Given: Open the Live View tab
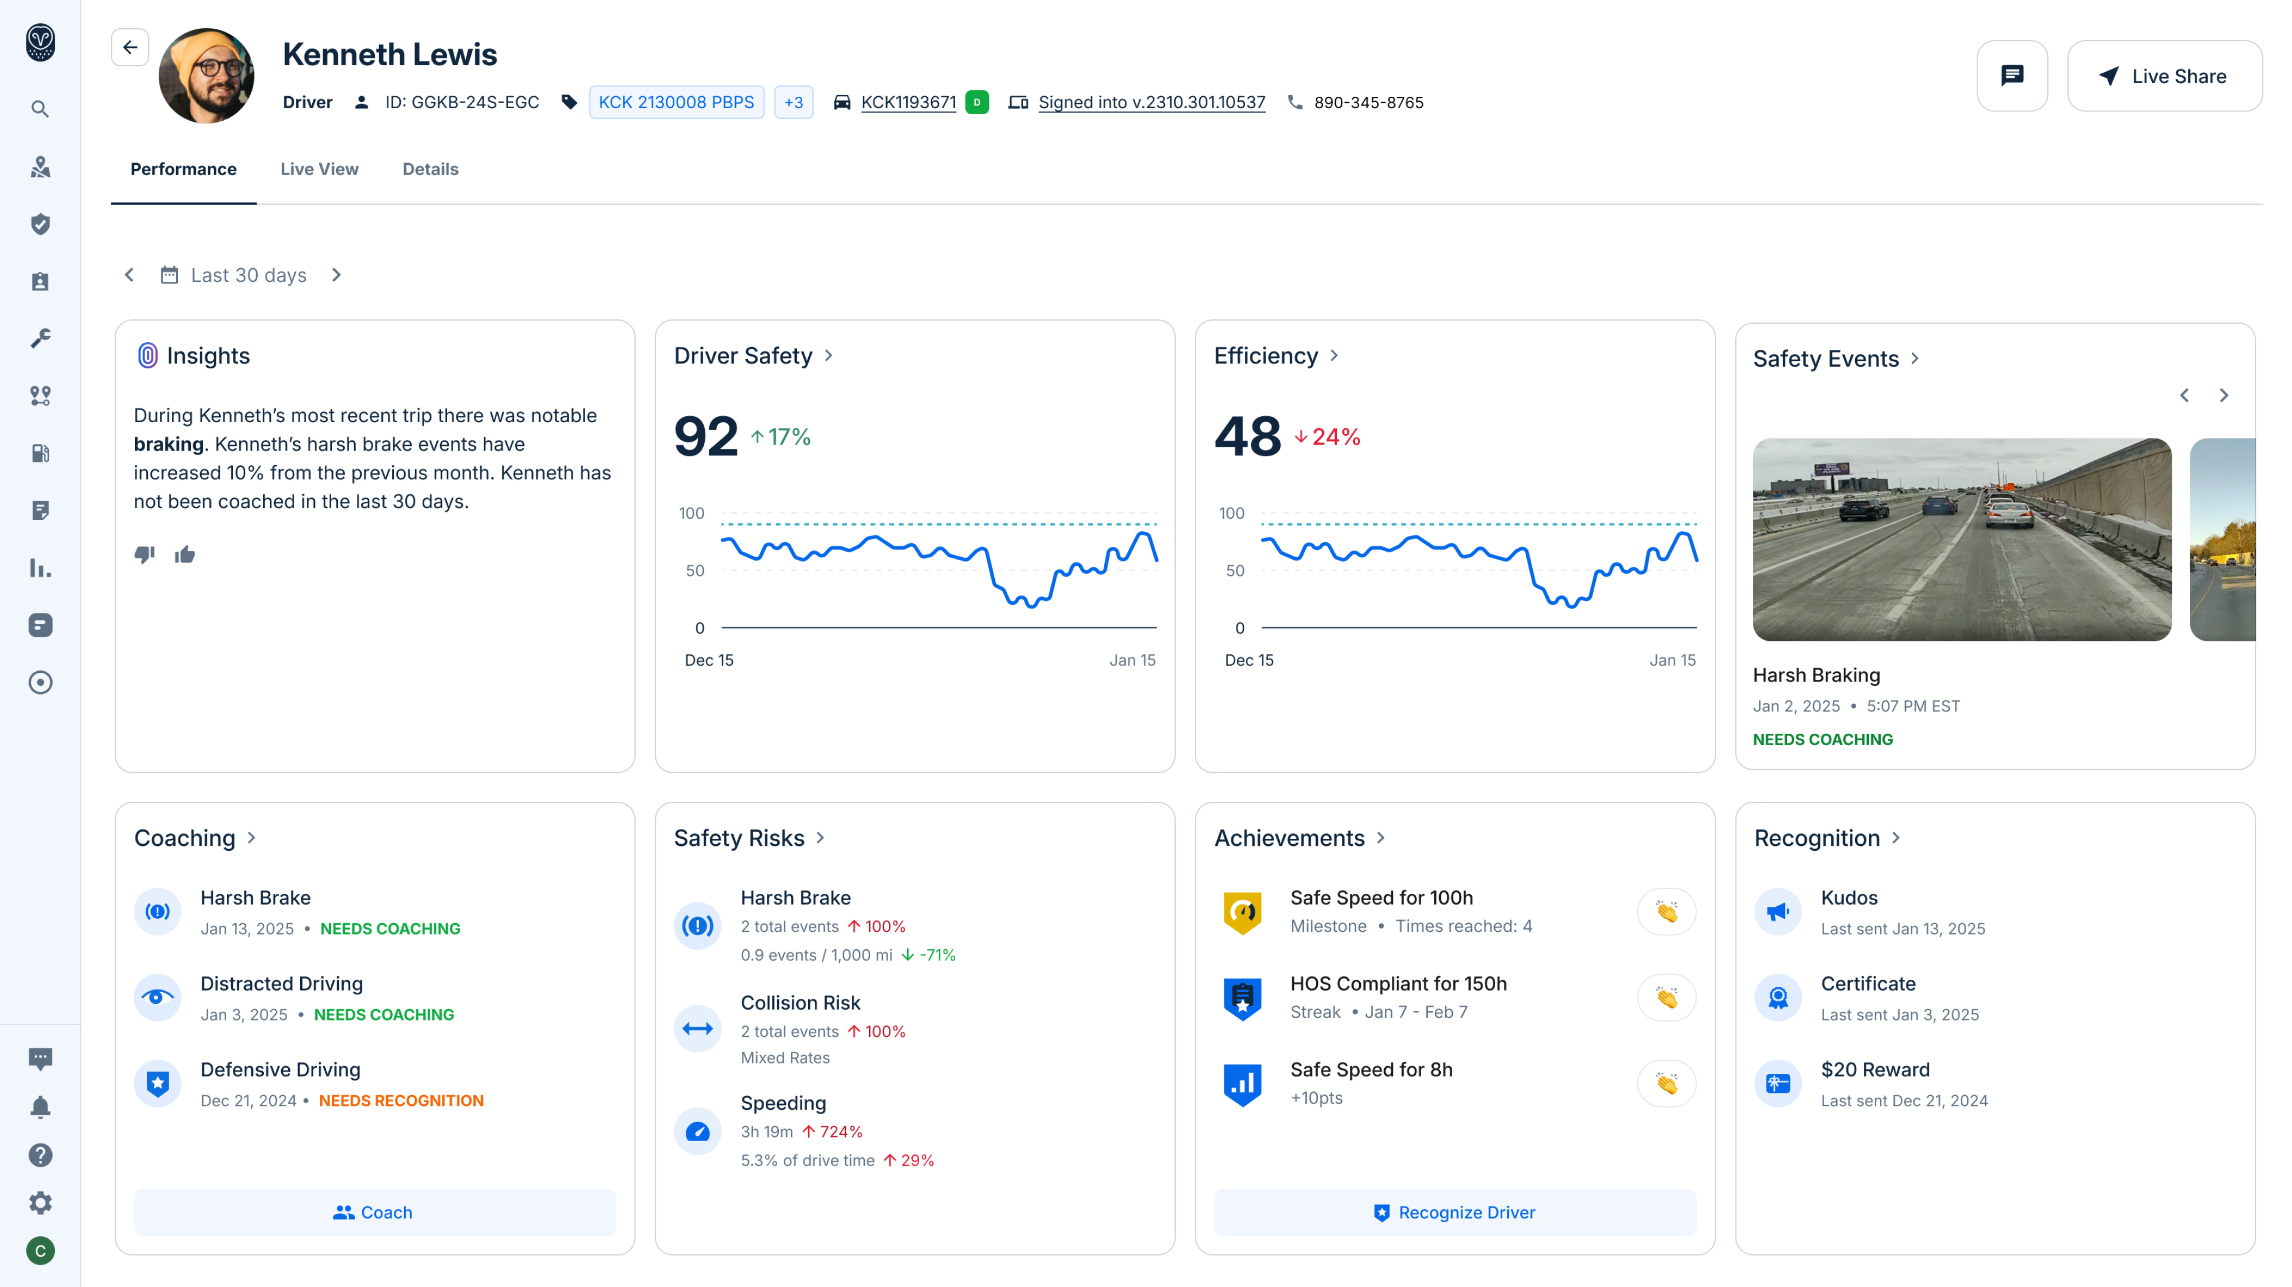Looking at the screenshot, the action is pyautogui.click(x=319, y=169).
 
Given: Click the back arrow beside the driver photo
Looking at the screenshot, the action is pyautogui.click(x=130, y=47).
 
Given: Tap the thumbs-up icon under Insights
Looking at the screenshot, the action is pyautogui.click(x=185, y=554).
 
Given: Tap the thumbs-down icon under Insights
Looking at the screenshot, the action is pyautogui.click(x=144, y=554).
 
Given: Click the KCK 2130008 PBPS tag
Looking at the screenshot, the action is pyautogui.click(x=676, y=102).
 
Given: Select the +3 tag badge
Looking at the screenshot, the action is pyautogui.click(x=794, y=102).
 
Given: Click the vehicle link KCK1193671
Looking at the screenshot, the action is pyautogui.click(x=908, y=102).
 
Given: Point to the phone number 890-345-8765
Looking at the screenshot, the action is pyautogui.click(x=1368, y=102).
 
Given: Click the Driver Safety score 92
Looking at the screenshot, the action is pyautogui.click(x=705, y=436).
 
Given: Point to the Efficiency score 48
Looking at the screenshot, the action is pyautogui.click(x=1247, y=436).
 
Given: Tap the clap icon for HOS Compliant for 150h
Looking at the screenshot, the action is pyautogui.click(x=1667, y=998).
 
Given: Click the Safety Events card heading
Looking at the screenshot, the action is pyautogui.click(x=1826, y=358).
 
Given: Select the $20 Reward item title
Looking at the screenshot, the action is pyautogui.click(x=1875, y=1070).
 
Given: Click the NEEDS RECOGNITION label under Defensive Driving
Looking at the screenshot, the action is pyautogui.click(x=401, y=1101).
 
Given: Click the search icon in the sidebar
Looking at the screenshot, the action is pyautogui.click(x=40, y=109).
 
